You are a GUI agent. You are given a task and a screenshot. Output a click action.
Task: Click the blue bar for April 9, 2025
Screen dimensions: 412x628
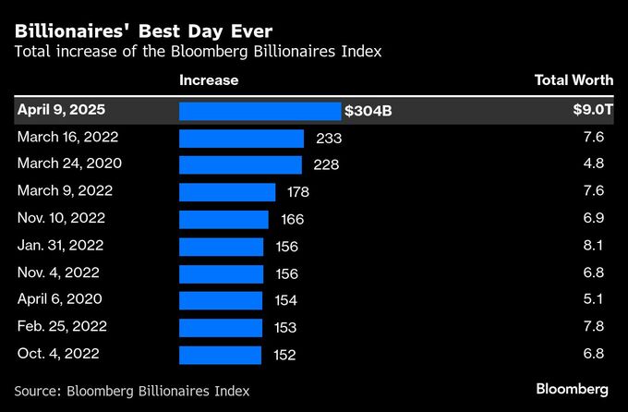tap(260, 111)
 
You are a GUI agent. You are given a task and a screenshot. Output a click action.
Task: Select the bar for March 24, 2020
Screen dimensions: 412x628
tap(240, 164)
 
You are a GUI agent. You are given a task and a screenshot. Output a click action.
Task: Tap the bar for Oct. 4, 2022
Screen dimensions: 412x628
tap(220, 355)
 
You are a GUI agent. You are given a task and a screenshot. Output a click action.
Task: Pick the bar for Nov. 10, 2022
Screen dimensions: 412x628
tap(223, 219)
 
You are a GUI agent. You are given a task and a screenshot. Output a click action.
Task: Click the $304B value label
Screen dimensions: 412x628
tap(368, 111)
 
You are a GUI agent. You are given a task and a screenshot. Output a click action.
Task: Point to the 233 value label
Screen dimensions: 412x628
tap(329, 138)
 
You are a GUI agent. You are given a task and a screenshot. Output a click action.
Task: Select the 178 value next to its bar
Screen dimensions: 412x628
tap(297, 192)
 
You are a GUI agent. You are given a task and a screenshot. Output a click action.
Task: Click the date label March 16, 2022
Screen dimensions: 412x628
tap(68, 137)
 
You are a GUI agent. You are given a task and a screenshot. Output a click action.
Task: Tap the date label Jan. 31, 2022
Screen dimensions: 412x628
tap(61, 246)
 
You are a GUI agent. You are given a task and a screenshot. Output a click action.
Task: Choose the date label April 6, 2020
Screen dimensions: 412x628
tap(60, 299)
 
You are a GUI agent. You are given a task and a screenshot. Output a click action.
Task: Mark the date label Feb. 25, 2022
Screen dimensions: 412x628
tap(62, 327)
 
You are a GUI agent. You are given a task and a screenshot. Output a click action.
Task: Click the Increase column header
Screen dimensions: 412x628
tap(209, 80)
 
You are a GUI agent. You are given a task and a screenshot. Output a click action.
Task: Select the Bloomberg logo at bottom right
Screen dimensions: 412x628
tap(572, 385)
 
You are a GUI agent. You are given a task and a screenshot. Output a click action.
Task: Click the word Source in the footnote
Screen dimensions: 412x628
tap(40, 391)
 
